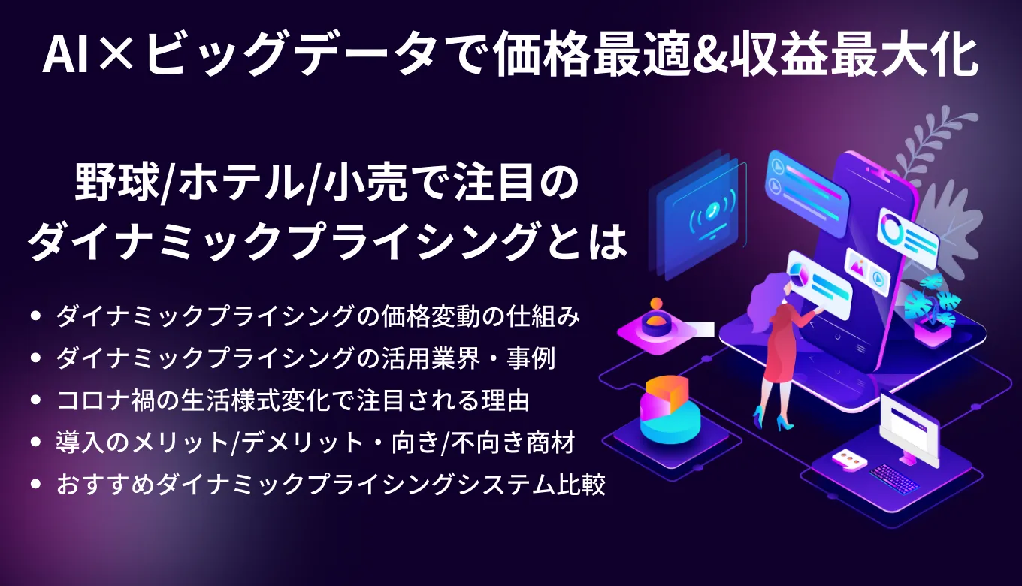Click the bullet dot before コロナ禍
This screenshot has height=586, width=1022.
point(35,400)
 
